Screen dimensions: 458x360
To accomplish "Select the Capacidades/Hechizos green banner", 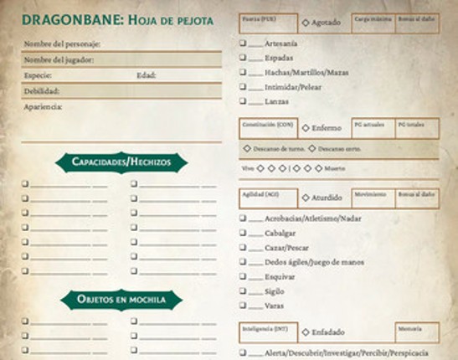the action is (122, 161).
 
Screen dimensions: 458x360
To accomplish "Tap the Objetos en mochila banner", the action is (122, 300).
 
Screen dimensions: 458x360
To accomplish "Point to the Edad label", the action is (147, 75).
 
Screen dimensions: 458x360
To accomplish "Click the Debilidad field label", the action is (42, 90).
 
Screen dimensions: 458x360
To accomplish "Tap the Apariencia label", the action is (44, 106).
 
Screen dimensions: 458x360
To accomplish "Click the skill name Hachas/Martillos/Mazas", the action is (306, 71).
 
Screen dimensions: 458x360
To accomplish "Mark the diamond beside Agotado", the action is (305, 23).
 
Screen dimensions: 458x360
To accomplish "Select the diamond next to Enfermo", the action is (305, 129).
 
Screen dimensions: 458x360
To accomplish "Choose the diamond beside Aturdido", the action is (305, 198).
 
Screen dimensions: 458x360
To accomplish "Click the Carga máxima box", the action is (373, 23).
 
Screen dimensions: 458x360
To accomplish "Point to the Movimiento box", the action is (373, 198).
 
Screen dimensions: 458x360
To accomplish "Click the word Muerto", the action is (335, 168).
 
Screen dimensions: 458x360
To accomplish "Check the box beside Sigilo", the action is (242, 292).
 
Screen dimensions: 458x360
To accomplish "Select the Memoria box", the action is (417, 332).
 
